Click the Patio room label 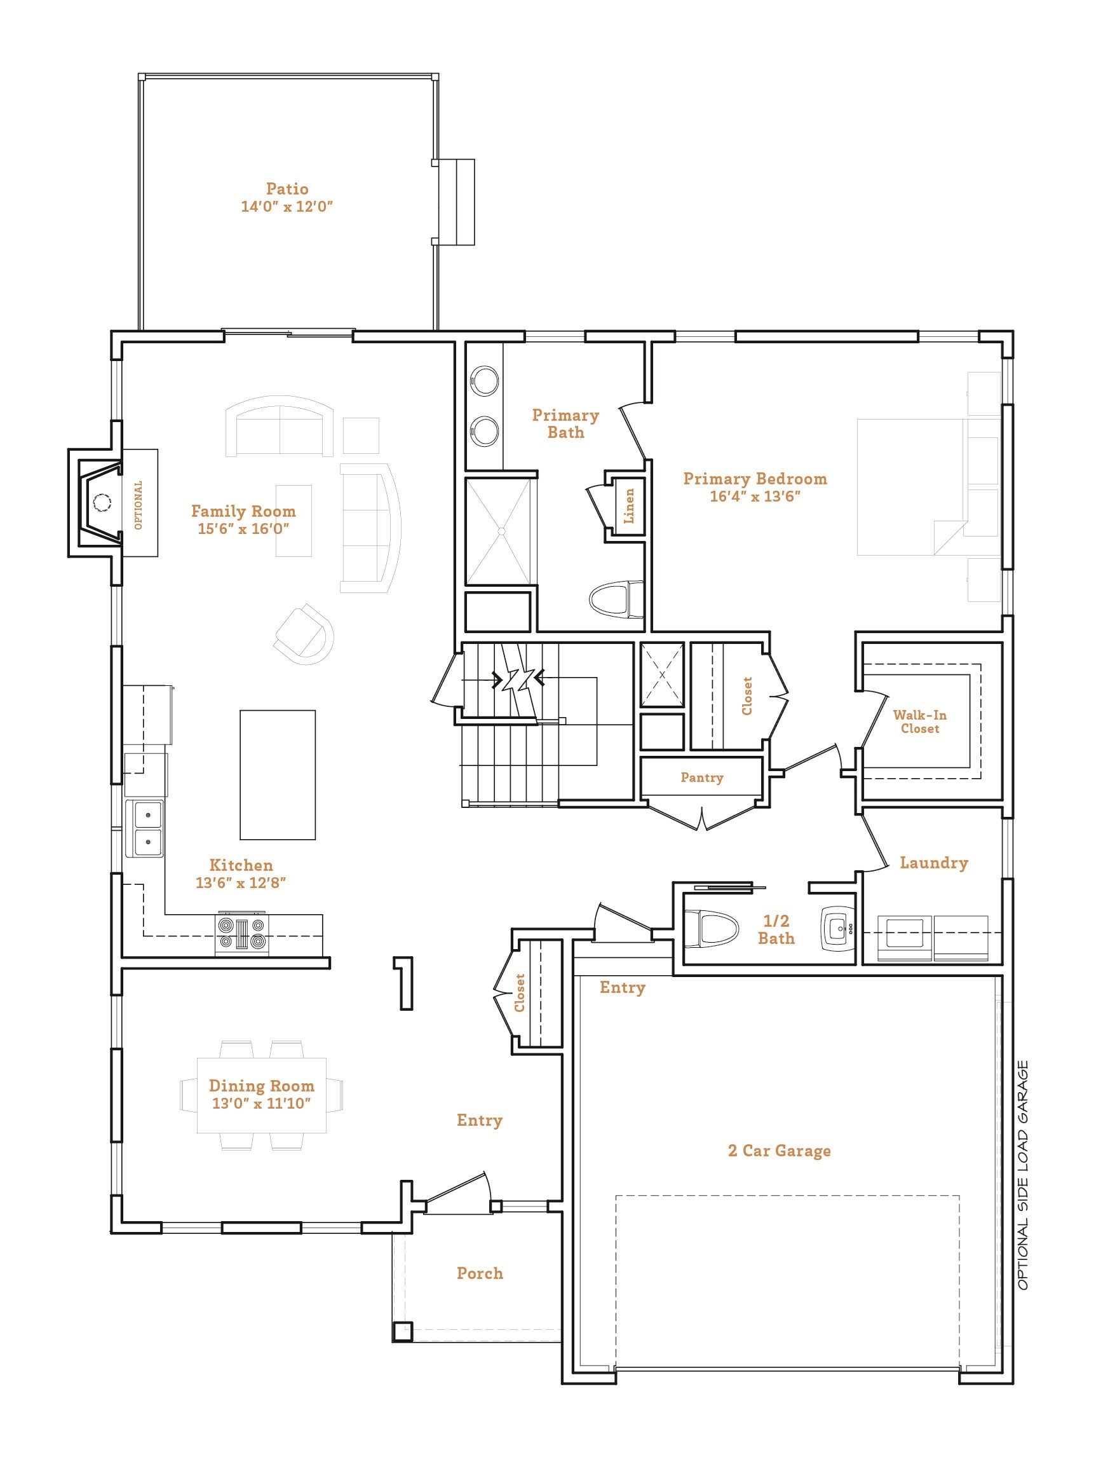(x=287, y=189)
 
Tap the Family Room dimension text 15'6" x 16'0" (x=243, y=528)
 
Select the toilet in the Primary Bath (x=616, y=599)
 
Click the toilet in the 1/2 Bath (x=710, y=927)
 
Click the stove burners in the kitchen (x=242, y=934)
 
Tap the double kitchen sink (x=144, y=828)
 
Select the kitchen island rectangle (x=278, y=775)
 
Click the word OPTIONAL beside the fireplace (x=138, y=505)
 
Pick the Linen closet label (x=629, y=506)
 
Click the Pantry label (x=702, y=777)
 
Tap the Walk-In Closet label (x=919, y=722)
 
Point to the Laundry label (x=933, y=863)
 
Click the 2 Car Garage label (x=779, y=1150)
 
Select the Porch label (x=480, y=1273)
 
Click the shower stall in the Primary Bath (x=498, y=532)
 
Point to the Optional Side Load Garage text (x=1022, y=1175)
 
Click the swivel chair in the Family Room (x=304, y=634)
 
